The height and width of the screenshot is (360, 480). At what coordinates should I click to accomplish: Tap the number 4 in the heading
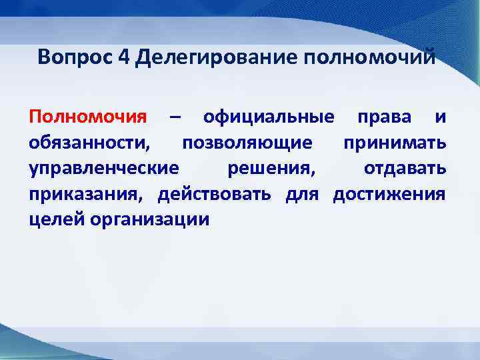[x=123, y=57]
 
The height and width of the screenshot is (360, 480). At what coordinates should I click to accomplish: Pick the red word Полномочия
[x=87, y=118]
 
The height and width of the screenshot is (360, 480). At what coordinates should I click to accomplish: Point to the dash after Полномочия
[x=175, y=118]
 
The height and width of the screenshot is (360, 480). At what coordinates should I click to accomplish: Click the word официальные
[x=269, y=118]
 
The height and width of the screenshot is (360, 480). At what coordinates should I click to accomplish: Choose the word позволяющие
[x=246, y=143]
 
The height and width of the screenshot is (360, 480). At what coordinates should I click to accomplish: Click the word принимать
[x=395, y=143]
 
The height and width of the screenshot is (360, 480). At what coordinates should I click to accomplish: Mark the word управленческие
[x=103, y=169]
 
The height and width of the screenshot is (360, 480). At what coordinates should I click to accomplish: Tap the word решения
[x=270, y=169]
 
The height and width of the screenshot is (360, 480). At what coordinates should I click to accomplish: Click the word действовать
[x=214, y=194]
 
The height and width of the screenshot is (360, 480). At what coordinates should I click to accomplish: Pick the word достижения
[x=389, y=194]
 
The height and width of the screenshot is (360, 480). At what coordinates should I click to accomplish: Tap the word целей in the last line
[x=53, y=219]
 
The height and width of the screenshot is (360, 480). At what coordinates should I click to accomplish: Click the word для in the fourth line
[x=302, y=194]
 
